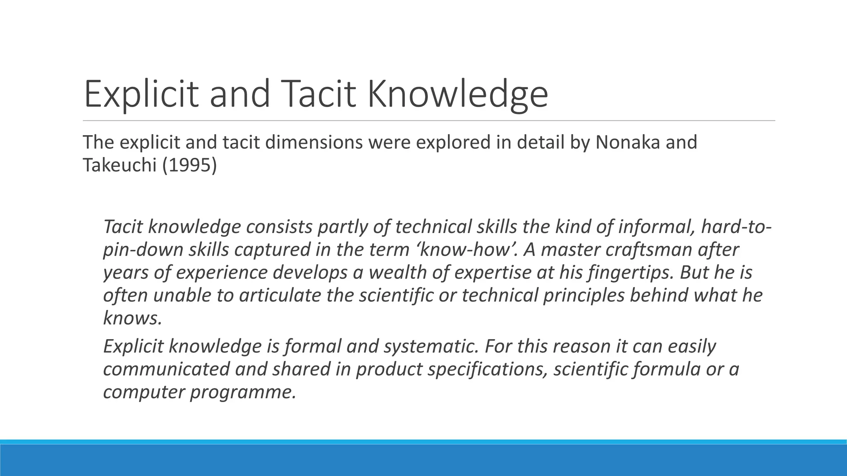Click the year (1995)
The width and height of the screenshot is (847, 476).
pos(189,165)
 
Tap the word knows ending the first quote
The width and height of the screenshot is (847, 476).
pos(132,318)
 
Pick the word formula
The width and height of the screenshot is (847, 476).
pos(665,369)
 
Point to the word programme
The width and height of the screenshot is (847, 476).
pos(243,391)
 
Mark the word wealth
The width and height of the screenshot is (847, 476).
pos(392,272)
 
